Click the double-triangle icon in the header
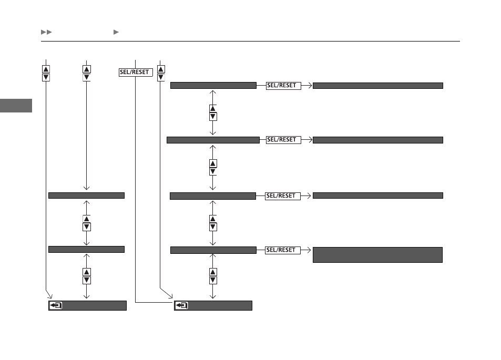coord(46,32)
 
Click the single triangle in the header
coord(116,32)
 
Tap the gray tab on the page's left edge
coord(16,106)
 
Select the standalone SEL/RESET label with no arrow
coord(136,73)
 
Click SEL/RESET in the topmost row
coord(283,86)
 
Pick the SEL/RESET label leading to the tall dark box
coord(283,250)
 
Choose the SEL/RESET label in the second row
coord(283,140)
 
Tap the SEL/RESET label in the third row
coord(283,196)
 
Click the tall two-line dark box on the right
coord(377,255)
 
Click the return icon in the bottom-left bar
coord(56,306)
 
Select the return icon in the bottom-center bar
coord(181,306)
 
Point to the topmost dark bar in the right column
coord(377,86)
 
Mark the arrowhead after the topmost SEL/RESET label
coord(310,86)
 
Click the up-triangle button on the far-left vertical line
coord(46,69)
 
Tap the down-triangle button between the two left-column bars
coord(87,227)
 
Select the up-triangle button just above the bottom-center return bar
coord(213,272)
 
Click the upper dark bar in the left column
coord(86,196)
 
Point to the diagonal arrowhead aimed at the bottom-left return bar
coord(50,296)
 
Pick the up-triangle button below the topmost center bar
coord(213,109)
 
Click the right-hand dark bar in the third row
coord(377,196)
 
